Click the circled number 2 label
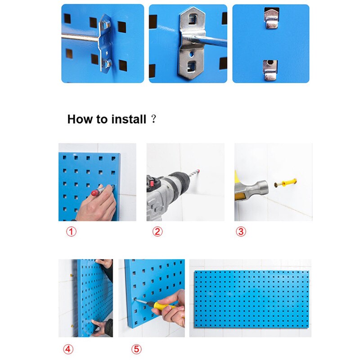click(157, 232)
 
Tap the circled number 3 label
click(241, 232)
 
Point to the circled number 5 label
click(136, 349)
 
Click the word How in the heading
click(79, 119)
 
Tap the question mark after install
click(153, 119)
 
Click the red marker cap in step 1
click(94, 193)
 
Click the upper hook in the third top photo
click(271, 17)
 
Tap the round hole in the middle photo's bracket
click(193, 53)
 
